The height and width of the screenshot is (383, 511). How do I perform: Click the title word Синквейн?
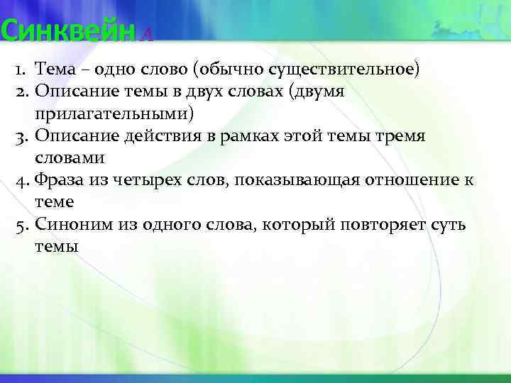(x=67, y=31)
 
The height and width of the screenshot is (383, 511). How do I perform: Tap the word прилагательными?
(x=114, y=113)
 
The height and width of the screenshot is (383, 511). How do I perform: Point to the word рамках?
(x=250, y=136)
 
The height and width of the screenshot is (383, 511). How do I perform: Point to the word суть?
(x=446, y=226)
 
